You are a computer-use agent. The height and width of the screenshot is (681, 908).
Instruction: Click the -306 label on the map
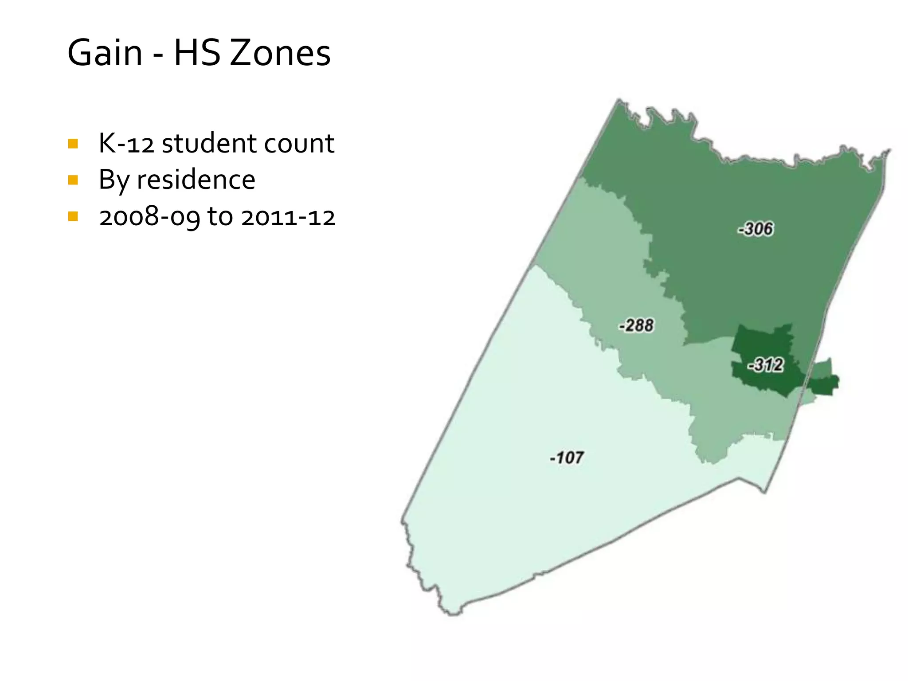(x=756, y=229)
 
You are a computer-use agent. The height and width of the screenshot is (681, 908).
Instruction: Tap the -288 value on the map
(x=637, y=325)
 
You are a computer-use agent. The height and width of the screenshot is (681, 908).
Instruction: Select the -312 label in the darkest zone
(x=766, y=365)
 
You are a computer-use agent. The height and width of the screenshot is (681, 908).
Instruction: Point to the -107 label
(x=567, y=457)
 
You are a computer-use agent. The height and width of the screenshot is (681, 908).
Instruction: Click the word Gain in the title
(x=105, y=53)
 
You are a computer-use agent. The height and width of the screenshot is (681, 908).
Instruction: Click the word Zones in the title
(x=280, y=53)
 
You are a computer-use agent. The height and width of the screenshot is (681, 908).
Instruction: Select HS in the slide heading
(x=197, y=53)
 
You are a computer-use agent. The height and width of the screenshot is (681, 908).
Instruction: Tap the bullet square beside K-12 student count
(x=73, y=144)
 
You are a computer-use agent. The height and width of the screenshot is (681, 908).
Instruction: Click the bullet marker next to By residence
(x=73, y=180)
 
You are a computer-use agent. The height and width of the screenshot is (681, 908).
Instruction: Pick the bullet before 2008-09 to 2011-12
(x=73, y=216)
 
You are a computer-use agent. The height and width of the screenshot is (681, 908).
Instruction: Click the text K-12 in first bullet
(x=126, y=144)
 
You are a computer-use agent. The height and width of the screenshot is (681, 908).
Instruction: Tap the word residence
(x=196, y=180)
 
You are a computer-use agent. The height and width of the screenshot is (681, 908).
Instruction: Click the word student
(x=209, y=144)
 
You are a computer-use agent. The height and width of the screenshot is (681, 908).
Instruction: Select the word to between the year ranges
(x=220, y=217)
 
